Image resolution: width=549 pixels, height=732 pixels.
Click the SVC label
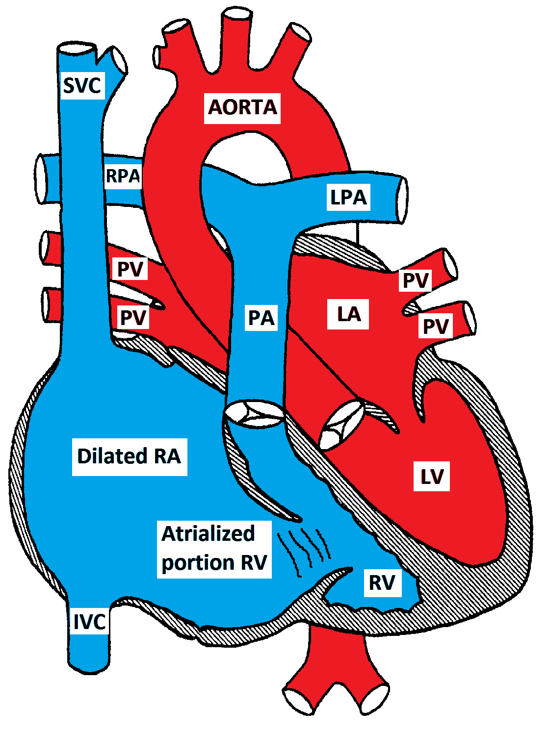[82, 86]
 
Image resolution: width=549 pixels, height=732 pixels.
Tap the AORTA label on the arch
[242, 107]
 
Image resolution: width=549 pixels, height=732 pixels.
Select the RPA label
[123, 176]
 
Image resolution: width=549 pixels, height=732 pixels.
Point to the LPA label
[348, 197]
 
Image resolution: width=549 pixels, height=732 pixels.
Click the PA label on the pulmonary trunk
[261, 318]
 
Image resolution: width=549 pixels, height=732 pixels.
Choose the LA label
[348, 314]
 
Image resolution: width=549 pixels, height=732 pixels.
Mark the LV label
[432, 476]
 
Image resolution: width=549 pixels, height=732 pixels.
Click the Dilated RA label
[130, 456]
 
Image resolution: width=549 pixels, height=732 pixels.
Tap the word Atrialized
[208, 534]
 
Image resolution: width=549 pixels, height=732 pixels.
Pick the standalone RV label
[382, 582]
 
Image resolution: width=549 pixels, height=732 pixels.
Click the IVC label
[89, 622]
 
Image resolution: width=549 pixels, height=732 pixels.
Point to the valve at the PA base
[254, 412]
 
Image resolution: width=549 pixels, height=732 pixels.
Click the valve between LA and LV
[342, 425]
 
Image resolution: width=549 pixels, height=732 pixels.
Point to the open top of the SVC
[78, 50]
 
